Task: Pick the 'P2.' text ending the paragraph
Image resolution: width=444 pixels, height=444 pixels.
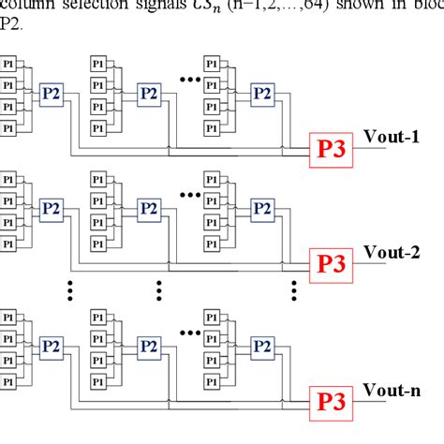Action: (x=10, y=22)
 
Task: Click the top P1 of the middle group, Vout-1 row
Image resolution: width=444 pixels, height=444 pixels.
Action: (x=98, y=63)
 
